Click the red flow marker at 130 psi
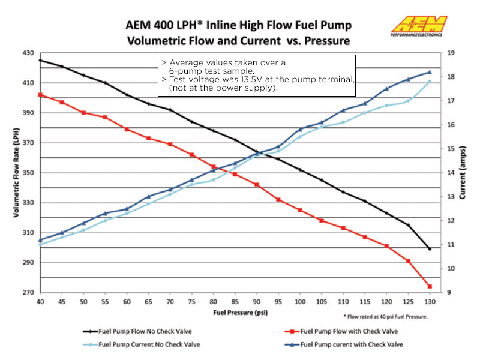pos(430,286)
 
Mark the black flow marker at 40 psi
pos(40,60)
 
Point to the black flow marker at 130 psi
pos(430,248)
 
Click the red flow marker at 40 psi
pos(40,95)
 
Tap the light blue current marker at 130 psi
pos(430,82)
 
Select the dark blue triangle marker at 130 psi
pos(430,72)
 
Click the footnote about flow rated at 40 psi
pos(385,316)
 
